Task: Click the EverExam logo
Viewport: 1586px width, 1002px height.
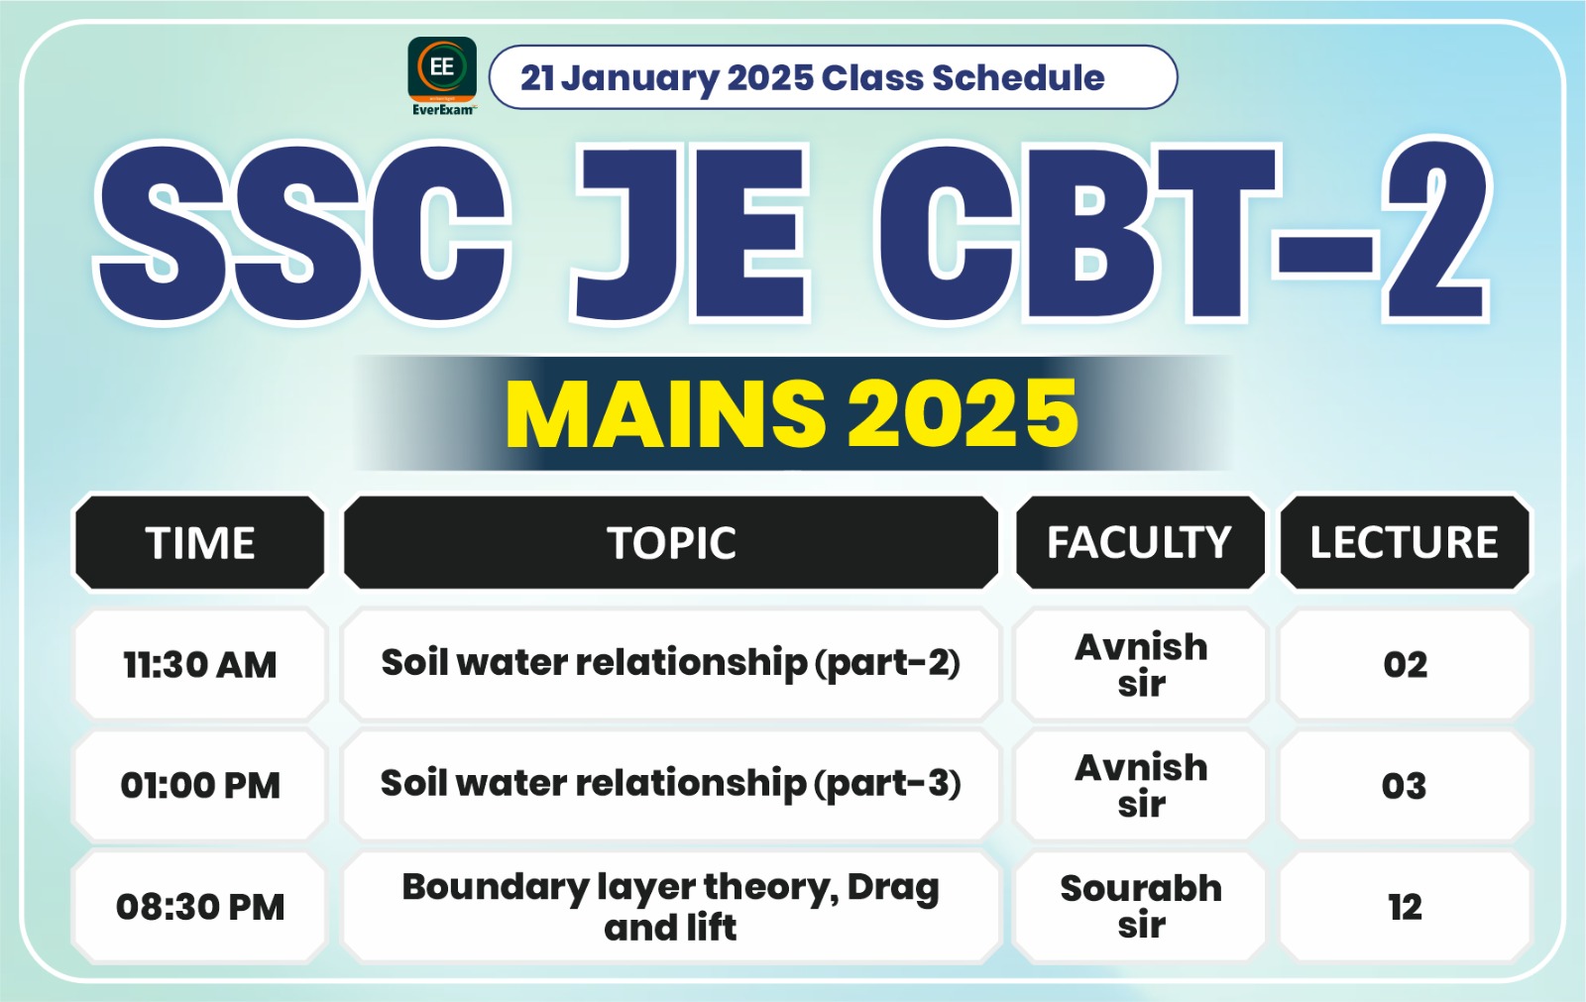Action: coord(442,74)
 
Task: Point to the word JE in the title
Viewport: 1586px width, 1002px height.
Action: coord(690,233)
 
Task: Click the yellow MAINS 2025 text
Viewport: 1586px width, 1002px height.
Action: coord(791,413)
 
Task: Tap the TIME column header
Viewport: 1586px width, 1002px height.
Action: coord(200,543)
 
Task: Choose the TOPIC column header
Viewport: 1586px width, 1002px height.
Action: coord(671,543)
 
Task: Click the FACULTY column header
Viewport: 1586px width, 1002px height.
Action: coord(1140,543)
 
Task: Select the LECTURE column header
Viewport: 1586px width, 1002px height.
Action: coord(1404,543)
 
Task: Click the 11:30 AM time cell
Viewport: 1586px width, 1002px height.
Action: coord(200,664)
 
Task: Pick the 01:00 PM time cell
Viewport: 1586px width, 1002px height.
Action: coord(200,785)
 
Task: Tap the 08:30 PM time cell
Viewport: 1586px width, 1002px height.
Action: coord(200,906)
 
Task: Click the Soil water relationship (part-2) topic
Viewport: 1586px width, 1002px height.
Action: coord(671,663)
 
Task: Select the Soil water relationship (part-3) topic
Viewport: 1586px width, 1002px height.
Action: coord(671,784)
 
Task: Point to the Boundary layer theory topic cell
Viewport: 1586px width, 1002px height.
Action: coord(671,906)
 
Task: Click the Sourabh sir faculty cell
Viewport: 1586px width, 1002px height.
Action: coord(1141,906)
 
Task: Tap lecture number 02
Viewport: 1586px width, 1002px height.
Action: coord(1405,664)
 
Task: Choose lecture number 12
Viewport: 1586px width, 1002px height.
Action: coord(1405,906)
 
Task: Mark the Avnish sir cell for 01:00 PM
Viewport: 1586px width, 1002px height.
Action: coord(1141,785)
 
